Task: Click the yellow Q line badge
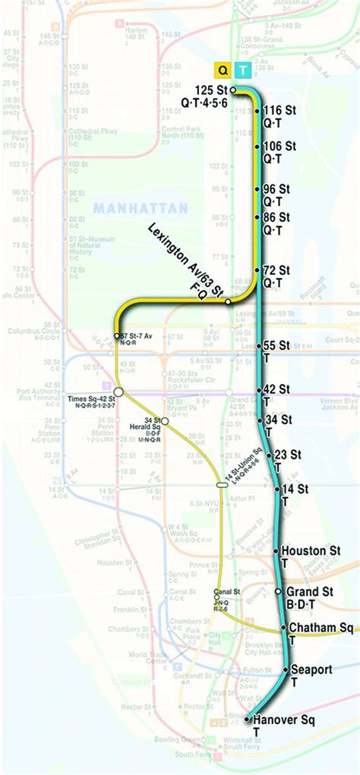(x=223, y=70)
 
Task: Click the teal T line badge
(x=243, y=70)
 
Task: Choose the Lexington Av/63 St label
(x=182, y=256)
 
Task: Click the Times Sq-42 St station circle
(x=118, y=393)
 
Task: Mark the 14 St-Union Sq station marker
(x=222, y=484)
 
